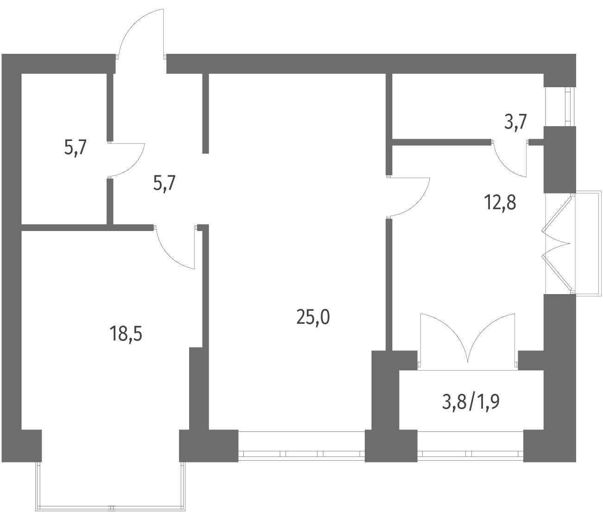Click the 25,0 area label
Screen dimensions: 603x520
click(x=313, y=318)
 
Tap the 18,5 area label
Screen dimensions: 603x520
click(x=126, y=334)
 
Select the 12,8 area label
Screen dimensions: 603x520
click(x=500, y=203)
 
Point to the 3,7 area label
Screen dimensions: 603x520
click(x=515, y=122)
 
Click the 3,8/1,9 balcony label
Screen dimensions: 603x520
click(x=470, y=402)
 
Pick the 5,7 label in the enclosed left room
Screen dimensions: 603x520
click(x=75, y=148)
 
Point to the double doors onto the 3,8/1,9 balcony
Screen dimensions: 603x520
click(x=468, y=340)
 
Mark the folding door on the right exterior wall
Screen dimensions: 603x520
click(x=558, y=244)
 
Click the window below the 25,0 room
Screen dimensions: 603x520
click(x=302, y=454)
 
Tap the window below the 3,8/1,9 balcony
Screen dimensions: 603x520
click(x=470, y=454)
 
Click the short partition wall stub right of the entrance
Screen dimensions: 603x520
click(x=206, y=113)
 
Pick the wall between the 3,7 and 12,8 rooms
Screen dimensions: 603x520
click(x=442, y=142)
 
